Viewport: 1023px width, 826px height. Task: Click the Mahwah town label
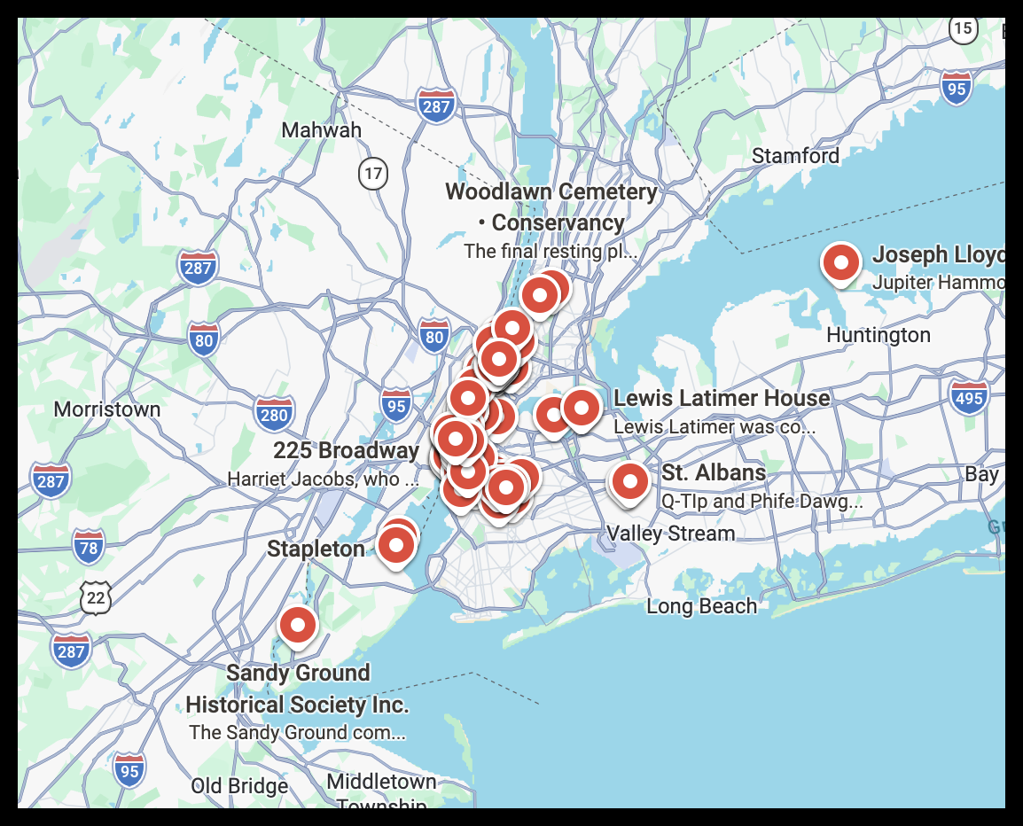(322, 130)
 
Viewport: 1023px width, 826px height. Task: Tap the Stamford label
(795, 156)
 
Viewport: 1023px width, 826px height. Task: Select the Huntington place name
(878, 335)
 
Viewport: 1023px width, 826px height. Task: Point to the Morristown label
(107, 409)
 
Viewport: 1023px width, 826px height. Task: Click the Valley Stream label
(670, 534)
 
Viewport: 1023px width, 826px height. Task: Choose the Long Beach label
(701, 606)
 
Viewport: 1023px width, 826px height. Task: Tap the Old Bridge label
(239, 786)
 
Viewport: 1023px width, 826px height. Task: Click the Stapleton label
(316, 549)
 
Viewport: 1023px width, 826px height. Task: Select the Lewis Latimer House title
(722, 399)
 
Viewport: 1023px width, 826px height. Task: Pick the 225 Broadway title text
(346, 450)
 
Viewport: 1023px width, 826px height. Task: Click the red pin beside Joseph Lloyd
(840, 262)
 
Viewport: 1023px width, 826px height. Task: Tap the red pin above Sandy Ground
(298, 625)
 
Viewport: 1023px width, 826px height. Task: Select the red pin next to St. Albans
(629, 481)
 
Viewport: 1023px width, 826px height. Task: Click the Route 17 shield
(374, 173)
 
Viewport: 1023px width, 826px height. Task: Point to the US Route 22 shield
(96, 598)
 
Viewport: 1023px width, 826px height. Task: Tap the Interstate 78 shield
(89, 547)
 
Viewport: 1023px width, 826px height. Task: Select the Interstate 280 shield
(274, 414)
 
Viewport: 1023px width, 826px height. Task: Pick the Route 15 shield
(963, 28)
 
